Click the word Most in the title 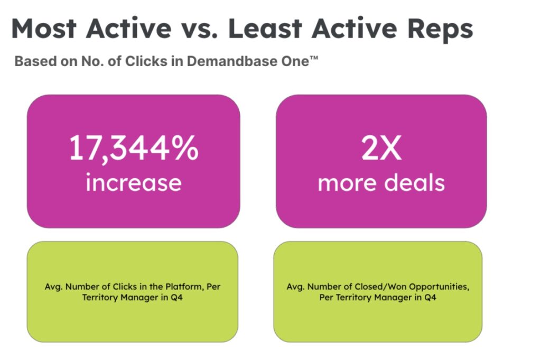tap(44, 29)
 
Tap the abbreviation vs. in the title tap(199, 29)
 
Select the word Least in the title tap(265, 29)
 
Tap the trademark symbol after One tap(313, 59)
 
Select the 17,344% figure tap(134, 149)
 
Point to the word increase tap(134, 182)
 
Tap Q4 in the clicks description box tap(176, 298)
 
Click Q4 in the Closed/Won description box tap(430, 298)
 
